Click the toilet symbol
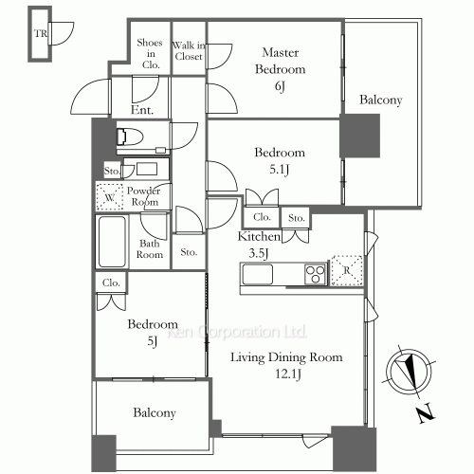click(x=130, y=137)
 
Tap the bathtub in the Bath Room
click(x=112, y=242)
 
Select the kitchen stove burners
click(x=316, y=274)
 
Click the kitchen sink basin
click(x=257, y=274)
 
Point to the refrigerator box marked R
click(x=347, y=270)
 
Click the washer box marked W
click(x=109, y=197)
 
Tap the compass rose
click(x=410, y=372)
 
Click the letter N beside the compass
click(x=426, y=412)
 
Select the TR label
click(x=41, y=33)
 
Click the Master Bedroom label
click(x=281, y=61)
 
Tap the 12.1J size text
click(x=287, y=374)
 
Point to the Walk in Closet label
click(x=189, y=51)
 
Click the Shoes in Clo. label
click(x=150, y=54)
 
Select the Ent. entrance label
click(x=142, y=110)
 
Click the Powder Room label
click(x=144, y=196)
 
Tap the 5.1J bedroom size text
click(x=280, y=171)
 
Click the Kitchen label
click(x=259, y=236)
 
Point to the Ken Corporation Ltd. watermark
click(x=237, y=332)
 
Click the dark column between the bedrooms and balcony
click(x=360, y=136)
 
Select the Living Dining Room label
click(x=286, y=357)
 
